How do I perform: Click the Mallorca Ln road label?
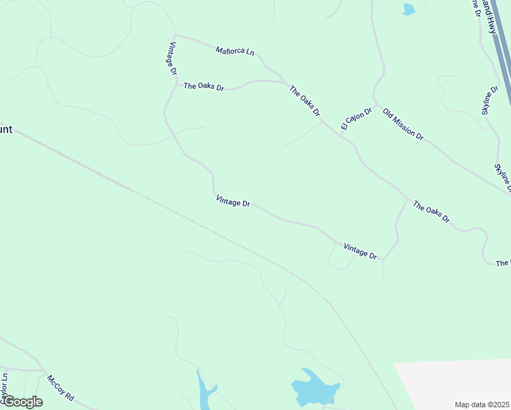(x=235, y=51)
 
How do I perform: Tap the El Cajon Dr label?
(x=357, y=118)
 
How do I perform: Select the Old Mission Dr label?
(x=403, y=124)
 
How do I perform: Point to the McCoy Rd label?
(x=60, y=387)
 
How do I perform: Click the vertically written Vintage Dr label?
(x=173, y=58)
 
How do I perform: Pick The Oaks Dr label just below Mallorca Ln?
(x=204, y=87)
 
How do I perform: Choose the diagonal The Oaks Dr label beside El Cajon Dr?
(x=305, y=100)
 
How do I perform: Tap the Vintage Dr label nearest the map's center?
(x=233, y=201)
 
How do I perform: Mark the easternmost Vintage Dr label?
(x=360, y=251)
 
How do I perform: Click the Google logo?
(x=23, y=402)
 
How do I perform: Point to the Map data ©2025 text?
(x=482, y=405)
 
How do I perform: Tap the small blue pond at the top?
(x=409, y=9)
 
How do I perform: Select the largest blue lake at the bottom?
(x=314, y=388)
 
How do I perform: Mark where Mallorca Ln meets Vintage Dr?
(x=175, y=35)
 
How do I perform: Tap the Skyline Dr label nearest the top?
(x=491, y=100)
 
